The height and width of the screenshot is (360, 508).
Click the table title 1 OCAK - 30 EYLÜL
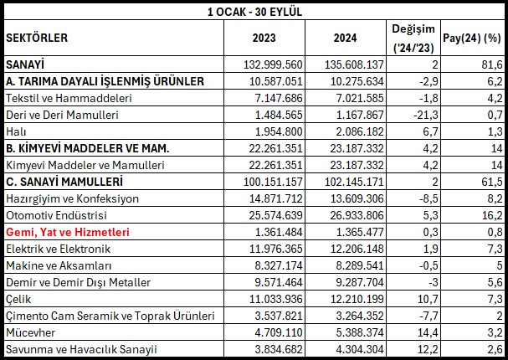click(254, 13)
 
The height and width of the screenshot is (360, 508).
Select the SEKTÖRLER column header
click(37, 38)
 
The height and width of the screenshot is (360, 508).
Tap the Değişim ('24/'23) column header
click(413, 39)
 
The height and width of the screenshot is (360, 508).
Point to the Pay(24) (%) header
click(472, 39)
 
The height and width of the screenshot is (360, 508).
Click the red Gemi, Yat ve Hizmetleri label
click(68, 232)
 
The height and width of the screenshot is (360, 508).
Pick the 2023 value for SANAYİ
click(273, 64)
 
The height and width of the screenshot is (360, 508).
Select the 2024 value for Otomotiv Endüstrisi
click(357, 215)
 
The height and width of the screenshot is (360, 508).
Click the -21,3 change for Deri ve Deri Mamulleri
click(426, 115)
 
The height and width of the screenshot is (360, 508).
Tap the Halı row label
click(16, 131)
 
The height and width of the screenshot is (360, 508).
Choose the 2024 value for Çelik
click(357, 299)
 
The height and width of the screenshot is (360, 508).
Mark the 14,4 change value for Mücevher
click(428, 332)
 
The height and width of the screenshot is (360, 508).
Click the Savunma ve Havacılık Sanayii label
click(81, 349)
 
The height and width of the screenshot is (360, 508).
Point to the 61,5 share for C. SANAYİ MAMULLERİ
click(492, 182)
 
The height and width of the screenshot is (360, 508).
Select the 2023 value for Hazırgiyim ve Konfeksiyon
click(275, 198)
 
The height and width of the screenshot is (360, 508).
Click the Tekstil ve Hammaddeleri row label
click(69, 98)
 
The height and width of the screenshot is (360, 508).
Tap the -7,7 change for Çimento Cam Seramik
click(429, 316)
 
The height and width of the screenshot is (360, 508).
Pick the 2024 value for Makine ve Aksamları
click(360, 265)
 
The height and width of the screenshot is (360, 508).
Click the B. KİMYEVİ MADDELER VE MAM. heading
click(88, 148)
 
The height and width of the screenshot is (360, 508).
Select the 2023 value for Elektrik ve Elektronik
click(275, 249)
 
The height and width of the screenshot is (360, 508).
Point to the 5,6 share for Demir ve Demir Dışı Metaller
click(495, 282)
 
